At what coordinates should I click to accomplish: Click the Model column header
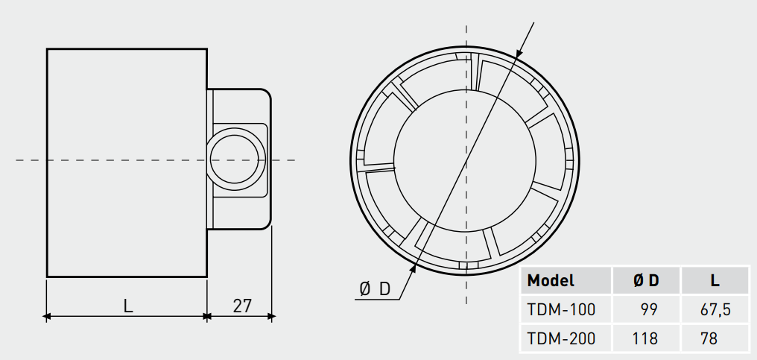[551, 281]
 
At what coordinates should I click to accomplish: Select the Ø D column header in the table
[646, 281]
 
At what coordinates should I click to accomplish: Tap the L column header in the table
[715, 281]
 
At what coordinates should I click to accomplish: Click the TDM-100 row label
[561, 309]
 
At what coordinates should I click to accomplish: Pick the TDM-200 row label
[561, 338]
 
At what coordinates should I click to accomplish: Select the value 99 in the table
[649, 309]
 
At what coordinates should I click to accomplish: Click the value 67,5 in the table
[714, 309]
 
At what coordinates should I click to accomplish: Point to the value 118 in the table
[645, 338]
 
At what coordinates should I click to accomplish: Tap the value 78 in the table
[709, 338]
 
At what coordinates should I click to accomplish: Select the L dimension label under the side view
[128, 306]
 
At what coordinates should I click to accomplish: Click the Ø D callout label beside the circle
[375, 288]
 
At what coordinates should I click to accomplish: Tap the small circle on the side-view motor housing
[236, 160]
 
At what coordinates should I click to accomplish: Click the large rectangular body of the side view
[127, 162]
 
